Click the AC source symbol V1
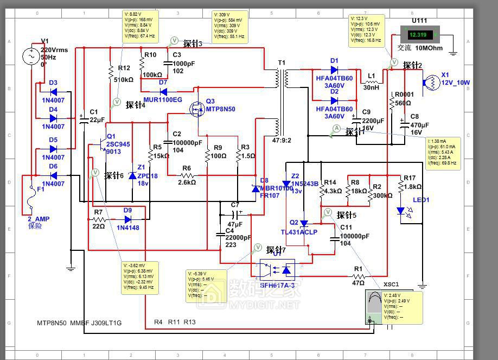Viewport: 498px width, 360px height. (x=30, y=56)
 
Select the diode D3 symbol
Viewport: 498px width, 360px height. (x=53, y=92)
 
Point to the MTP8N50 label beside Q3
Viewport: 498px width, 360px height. (x=220, y=109)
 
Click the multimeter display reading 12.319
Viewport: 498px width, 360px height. (x=418, y=35)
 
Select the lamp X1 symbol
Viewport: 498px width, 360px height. (x=432, y=83)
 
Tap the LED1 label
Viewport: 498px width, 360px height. (x=420, y=200)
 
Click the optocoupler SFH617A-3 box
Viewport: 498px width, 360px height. (x=277, y=268)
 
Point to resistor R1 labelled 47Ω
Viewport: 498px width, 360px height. (x=358, y=275)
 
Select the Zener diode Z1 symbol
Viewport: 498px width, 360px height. (x=133, y=175)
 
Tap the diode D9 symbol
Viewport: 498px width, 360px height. (x=127, y=219)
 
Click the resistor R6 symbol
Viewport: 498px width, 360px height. (x=187, y=175)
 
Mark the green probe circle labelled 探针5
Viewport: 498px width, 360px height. (x=328, y=211)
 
